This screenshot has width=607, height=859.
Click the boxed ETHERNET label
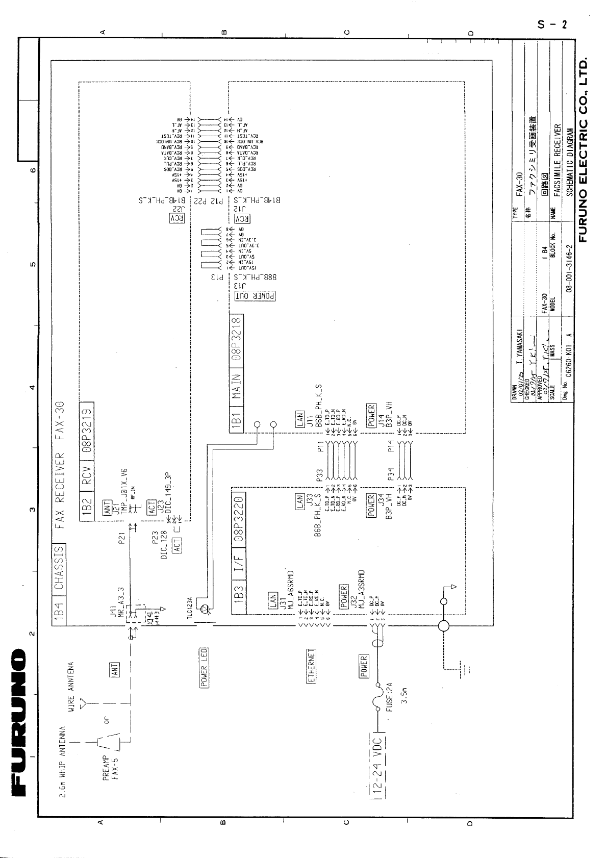[x=312, y=666]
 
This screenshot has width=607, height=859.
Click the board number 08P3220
[x=238, y=516]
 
